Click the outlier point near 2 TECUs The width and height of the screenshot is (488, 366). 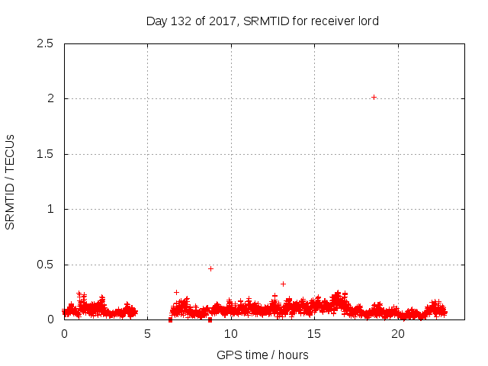tap(374, 97)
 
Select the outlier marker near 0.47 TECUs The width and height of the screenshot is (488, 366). tap(210, 268)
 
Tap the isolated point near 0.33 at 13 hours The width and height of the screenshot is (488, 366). tap(283, 284)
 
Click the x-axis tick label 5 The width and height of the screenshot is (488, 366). tap(147, 334)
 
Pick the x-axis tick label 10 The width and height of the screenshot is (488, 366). tap(231, 334)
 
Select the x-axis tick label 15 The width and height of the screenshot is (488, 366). tap(315, 334)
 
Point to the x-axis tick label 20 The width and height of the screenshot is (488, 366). tap(398, 334)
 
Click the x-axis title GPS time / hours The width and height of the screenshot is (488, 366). tap(262, 355)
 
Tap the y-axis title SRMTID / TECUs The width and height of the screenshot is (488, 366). tap(10, 181)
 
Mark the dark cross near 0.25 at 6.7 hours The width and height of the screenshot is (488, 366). tap(176, 292)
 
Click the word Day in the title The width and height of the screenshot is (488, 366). tap(156, 21)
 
